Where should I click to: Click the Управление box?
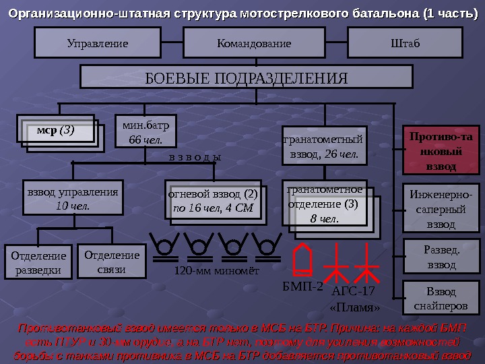coord(98,44)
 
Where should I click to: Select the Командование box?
coord(254,44)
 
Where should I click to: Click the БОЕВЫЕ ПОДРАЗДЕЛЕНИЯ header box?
coord(247,77)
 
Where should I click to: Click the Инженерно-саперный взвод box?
coord(441,209)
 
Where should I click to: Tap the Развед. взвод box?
coord(441,257)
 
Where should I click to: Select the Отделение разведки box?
coord(39,263)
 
